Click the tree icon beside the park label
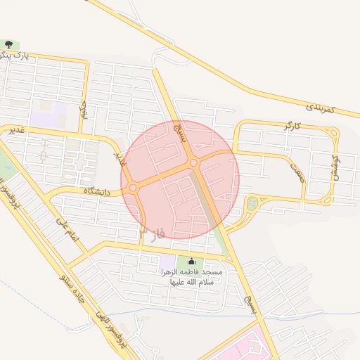tap(8, 46)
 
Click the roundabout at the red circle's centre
tap(193, 164)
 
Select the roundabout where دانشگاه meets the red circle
tap(133, 188)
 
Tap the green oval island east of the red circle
tap(252, 204)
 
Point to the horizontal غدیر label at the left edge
tap(16, 130)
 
